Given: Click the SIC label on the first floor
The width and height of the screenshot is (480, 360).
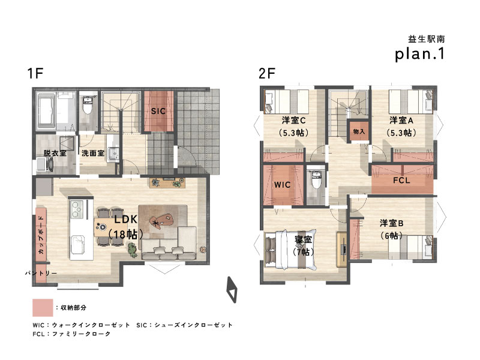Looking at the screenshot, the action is (158, 111).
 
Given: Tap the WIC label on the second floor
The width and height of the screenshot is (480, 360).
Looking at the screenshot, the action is (282, 185).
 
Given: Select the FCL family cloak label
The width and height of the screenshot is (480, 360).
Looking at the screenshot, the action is (401, 181).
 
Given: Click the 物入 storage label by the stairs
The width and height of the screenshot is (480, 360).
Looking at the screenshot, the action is (359, 131).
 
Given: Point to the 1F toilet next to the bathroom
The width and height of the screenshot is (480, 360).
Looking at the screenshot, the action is (88, 104).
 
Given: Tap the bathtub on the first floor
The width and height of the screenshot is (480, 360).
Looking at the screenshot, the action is (46, 111).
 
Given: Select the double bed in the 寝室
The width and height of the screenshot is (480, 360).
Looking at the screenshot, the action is (290, 249).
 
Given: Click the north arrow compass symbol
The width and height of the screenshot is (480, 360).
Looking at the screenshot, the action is (232, 290).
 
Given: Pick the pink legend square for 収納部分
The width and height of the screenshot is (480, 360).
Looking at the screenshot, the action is (43, 308).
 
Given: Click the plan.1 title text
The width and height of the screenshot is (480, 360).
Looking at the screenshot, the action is (419, 54).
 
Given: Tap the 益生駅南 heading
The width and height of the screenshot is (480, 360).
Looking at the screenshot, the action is (427, 39).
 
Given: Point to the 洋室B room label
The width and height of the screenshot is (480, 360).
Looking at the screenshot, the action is (392, 223).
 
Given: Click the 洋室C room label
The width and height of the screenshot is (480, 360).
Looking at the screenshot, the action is (293, 121).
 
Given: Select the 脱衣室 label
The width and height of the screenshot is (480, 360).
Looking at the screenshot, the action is (55, 153).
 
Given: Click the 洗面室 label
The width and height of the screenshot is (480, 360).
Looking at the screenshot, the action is (93, 153).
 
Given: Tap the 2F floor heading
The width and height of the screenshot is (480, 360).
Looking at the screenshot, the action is (267, 73).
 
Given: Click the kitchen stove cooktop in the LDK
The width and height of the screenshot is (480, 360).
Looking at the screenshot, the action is (77, 209).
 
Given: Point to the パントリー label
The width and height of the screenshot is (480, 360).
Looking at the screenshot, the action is (41, 273).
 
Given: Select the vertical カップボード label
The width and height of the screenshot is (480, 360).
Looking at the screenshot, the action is (41, 235).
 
